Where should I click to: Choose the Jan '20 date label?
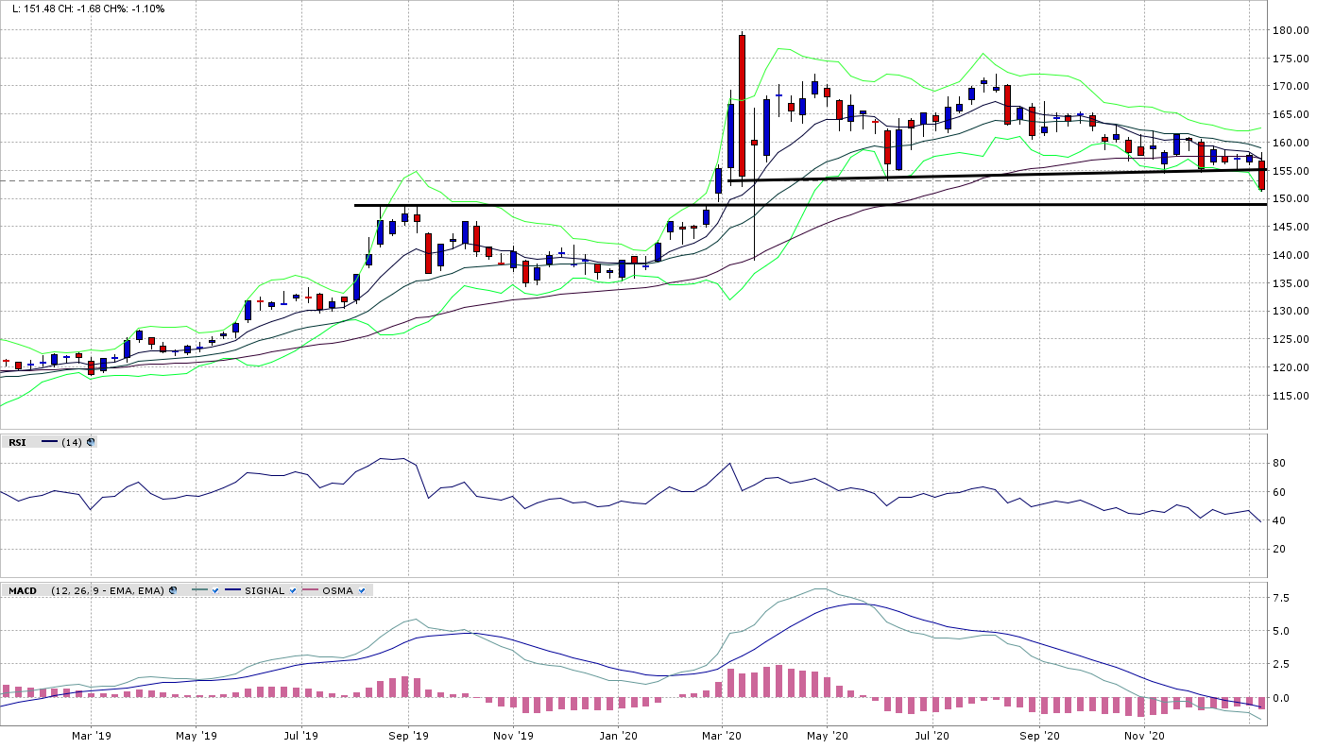pos(619,734)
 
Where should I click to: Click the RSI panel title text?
pos(17,442)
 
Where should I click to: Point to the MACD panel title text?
pos(22,590)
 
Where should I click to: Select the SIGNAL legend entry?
pos(265,590)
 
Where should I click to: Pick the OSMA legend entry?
pos(337,590)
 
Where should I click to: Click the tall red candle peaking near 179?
pos(742,104)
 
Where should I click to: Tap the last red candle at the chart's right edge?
pos(1261,176)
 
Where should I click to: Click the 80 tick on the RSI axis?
pos(1278,463)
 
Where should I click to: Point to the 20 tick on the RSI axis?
pos(1278,549)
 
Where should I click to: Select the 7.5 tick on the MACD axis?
pos(1281,598)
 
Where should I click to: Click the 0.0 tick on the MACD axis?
pos(1281,698)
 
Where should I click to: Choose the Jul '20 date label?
pos(934,734)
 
